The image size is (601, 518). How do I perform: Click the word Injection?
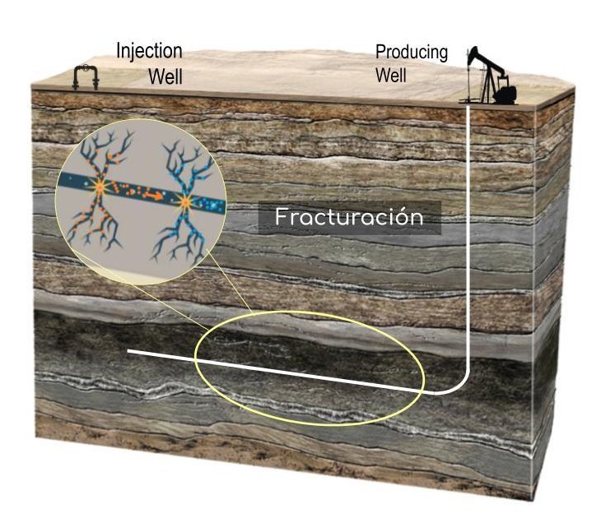coord(149,51)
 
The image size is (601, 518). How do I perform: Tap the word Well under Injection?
coord(165,77)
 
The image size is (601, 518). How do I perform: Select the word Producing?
coord(412,53)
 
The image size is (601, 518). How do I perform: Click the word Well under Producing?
coord(392,76)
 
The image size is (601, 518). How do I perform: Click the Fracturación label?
coord(349,218)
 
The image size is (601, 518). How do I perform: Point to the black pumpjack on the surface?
coord(492,78)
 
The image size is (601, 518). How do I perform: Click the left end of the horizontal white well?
coord(131,352)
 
